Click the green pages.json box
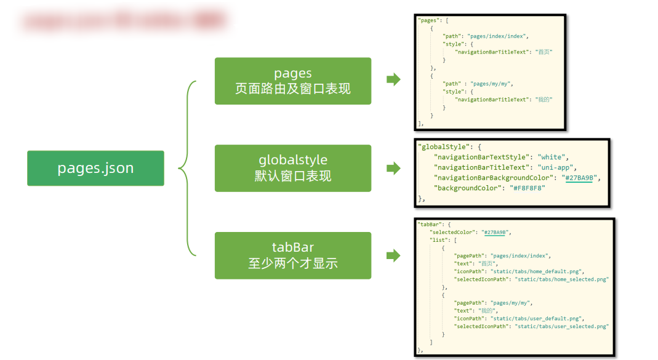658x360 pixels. coord(95,168)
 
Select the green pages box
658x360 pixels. coord(292,81)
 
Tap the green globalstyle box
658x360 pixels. coord(292,168)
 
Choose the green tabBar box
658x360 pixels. coord(292,255)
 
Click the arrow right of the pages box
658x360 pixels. coord(393,79)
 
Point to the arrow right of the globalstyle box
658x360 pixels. coord(393,168)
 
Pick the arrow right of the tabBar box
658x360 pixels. coord(393,255)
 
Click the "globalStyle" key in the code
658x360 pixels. coord(443,148)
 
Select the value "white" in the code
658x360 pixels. coord(553,158)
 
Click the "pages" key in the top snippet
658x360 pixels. coord(427,20)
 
